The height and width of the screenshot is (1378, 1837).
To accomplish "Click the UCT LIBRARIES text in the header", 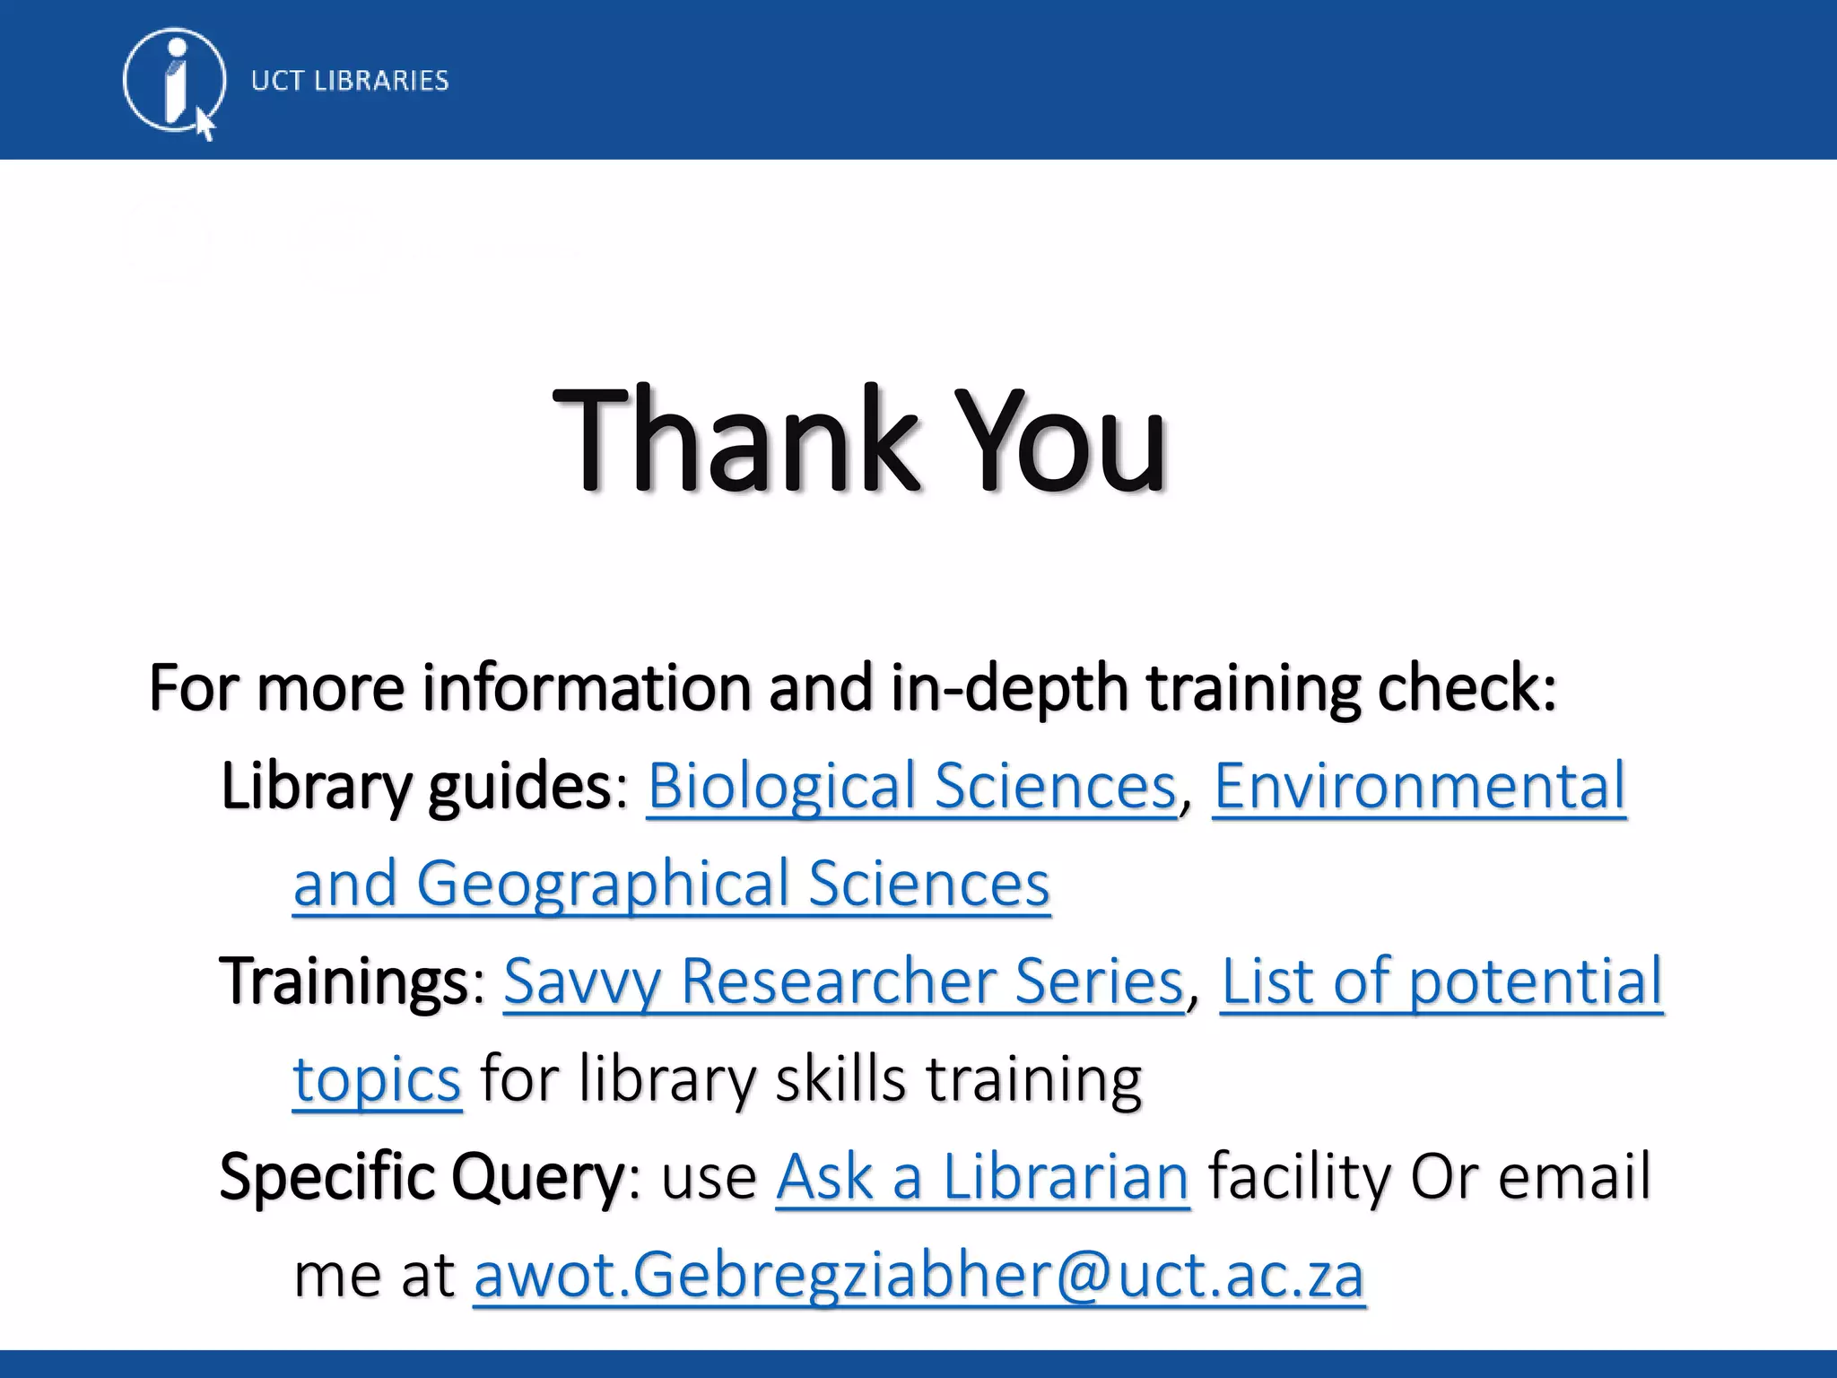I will tap(350, 81).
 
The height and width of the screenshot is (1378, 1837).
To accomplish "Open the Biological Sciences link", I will tap(911, 786).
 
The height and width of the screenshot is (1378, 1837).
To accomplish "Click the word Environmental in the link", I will tap(1419, 786).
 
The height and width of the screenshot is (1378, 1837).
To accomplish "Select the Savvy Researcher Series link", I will tap(843, 981).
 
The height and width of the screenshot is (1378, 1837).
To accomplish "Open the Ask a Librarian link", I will tap(982, 1176).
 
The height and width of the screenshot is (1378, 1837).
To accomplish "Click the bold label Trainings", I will tap(344, 981).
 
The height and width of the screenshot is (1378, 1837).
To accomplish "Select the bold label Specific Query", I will tap(422, 1176).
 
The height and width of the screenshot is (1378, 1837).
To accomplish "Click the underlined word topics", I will tap(377, 1078).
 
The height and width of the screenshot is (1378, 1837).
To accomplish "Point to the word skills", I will tap(840, 1078).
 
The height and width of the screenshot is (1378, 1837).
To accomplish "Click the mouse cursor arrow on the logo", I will tap(205, 124).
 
